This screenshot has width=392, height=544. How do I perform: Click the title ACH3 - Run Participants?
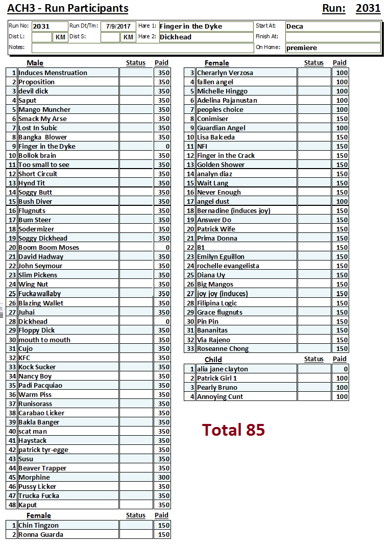click(68, 9)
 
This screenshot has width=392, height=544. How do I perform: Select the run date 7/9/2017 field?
click(118, 27)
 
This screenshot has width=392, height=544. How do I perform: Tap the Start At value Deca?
click(295, 27)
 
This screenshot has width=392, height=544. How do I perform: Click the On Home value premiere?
click(302, 48)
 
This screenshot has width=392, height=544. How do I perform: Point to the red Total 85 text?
click(233, 430)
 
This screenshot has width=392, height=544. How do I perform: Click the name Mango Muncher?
click(44, 110)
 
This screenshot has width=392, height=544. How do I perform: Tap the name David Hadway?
click(41, 257)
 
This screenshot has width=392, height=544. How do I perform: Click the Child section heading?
click(213, 360)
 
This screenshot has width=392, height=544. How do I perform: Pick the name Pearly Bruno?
click(217, 388)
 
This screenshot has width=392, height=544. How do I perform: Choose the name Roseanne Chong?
click(223, 349)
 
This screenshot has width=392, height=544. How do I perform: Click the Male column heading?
click(35, 63)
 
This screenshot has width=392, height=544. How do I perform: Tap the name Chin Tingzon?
click(38, 526)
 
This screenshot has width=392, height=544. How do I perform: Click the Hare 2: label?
click(147, 37)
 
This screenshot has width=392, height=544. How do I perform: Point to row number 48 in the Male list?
click(12, 505)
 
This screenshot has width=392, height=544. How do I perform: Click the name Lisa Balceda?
click(216, 137)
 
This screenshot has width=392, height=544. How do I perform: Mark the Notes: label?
click(16, 48)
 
